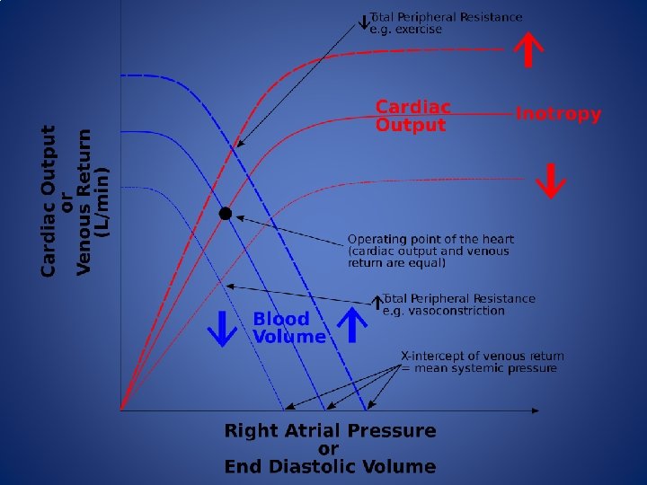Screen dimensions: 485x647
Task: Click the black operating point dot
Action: pos(226,214)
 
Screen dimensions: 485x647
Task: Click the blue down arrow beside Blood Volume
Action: pos(223,328)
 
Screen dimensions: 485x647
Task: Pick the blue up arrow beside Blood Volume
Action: pos(353,326)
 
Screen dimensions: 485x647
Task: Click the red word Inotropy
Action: pos(558,115)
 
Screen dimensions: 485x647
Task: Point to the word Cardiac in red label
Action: pos(412,108)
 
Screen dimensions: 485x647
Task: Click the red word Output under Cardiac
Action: pos(410,126)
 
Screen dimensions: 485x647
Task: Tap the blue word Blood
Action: pos(280,319)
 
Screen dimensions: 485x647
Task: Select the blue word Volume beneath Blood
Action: pos(289,337)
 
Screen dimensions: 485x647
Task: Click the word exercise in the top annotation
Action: pos(420,30)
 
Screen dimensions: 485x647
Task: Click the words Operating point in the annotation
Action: pos(391,240)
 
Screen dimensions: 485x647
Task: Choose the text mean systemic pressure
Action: pos(485,368)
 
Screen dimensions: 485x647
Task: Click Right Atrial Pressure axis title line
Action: pos(330,431)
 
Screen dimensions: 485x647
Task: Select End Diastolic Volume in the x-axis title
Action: pos(330,467)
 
